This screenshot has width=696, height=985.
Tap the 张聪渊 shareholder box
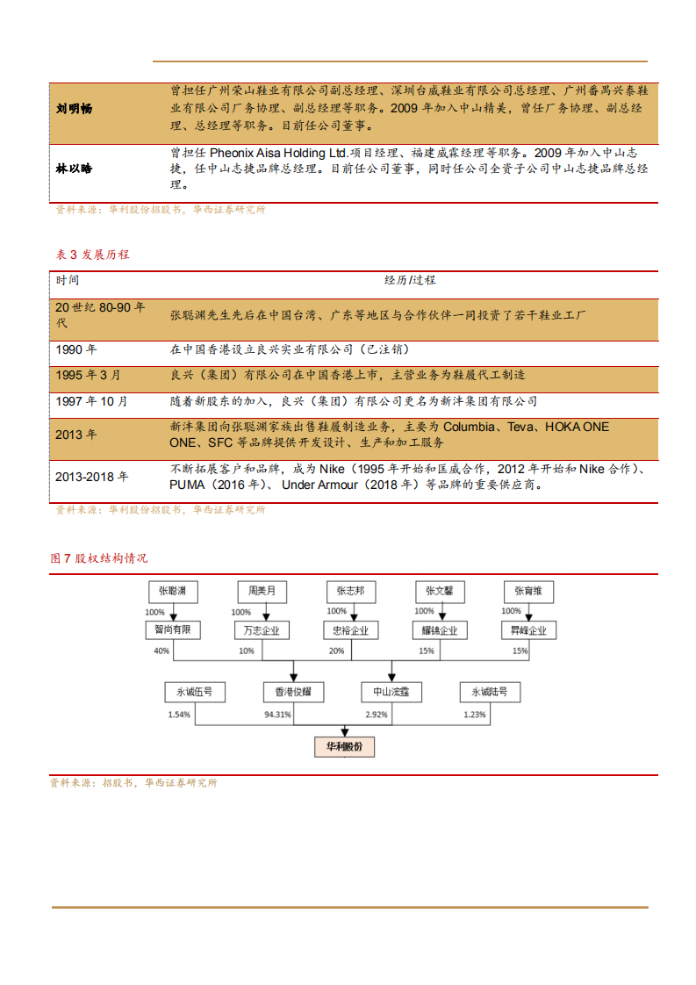(173, 591)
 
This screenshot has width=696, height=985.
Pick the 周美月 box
(262, 591)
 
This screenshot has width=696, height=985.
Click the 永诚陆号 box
(489, 692)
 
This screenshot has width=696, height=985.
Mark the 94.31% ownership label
(277, 715)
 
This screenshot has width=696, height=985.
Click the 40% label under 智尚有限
(161, 651)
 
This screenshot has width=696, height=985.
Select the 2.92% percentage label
(376, 715)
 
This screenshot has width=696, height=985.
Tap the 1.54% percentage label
(179, 715)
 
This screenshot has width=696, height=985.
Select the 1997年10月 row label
(91, 401)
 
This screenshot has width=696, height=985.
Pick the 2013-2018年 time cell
(91, 477)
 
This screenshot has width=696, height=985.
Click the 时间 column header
(68, 280)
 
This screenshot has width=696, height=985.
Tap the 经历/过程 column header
(410, 280)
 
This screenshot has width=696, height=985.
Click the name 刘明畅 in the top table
(74, 109)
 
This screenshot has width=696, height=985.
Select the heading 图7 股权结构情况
(99, 558)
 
